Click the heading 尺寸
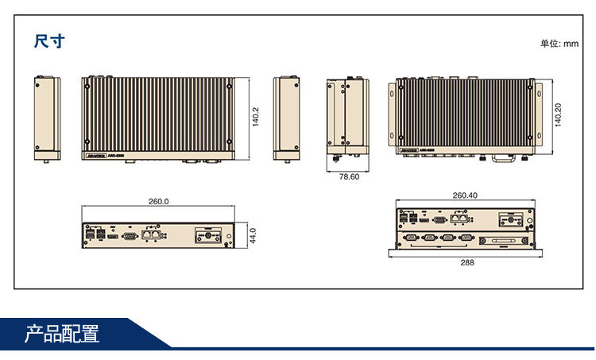point(48,41)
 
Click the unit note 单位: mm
point(559,44)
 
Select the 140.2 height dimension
point(255,117)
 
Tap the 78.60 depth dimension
point(349,176)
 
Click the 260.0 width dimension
point(159,201)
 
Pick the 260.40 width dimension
point(465,195)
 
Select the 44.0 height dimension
point(253,235)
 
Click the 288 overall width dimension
point(466,261)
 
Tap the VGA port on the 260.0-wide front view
point(130,236)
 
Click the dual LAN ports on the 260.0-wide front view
point(151,234)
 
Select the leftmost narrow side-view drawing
point(47,117)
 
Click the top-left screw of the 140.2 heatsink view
point(87,83)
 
